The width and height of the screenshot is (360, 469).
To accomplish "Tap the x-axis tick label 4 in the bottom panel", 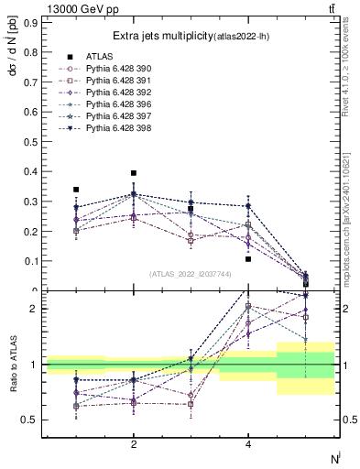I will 248,444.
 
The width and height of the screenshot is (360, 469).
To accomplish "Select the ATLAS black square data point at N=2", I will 134,173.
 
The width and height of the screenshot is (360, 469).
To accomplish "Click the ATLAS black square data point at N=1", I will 76,190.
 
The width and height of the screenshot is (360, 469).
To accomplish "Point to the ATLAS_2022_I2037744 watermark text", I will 191,274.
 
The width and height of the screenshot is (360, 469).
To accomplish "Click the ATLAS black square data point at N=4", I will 248,259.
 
